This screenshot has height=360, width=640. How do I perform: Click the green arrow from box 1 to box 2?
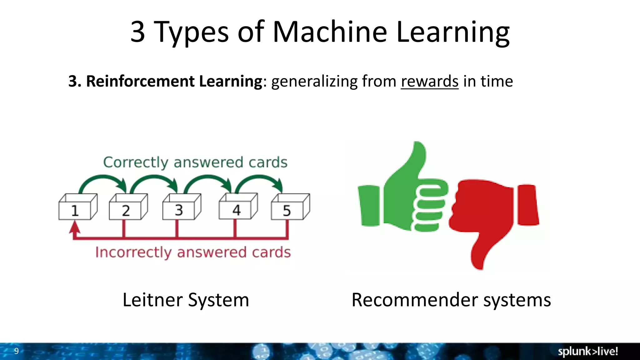tap(102, 179)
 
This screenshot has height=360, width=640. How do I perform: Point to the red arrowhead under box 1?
tap(75, 227)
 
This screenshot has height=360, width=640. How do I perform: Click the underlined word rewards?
tap(429, 81)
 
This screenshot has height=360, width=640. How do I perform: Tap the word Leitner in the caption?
tap(152, 300)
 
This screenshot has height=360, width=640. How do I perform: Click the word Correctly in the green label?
tap(136, 162)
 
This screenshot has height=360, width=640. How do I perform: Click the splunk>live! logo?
tap(587, 351)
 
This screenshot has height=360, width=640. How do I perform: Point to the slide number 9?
tap(17, 351)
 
